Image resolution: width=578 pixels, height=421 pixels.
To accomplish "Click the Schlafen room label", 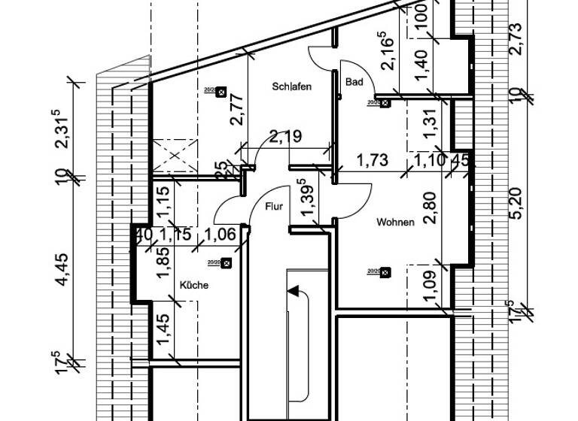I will tap(292, 87).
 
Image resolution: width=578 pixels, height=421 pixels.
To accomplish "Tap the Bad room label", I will tap(354, 82).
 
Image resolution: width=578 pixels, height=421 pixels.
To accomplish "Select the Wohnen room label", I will tap(396, 223).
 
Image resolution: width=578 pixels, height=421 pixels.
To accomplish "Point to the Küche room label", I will tap(193, 286).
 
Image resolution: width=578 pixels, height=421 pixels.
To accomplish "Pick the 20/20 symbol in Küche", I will tap(225, 263).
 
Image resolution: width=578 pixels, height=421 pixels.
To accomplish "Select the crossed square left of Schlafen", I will tap(173, 156).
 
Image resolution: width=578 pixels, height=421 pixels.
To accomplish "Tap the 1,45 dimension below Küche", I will tap(161, 329).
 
